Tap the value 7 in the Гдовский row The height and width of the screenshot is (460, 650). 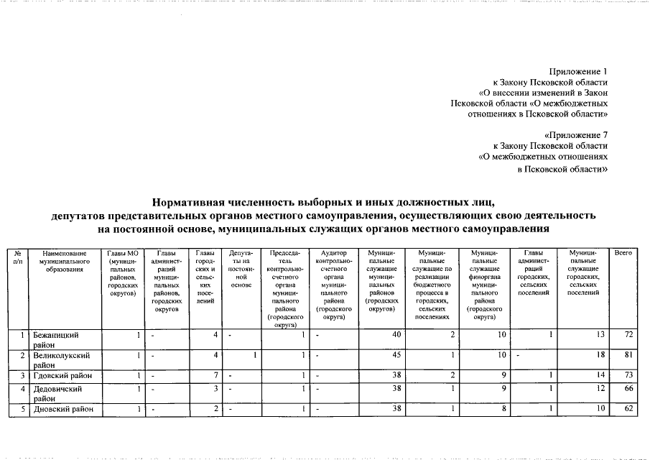pos(215,375)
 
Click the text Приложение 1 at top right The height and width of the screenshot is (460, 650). pos(578,73)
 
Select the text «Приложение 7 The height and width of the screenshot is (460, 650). pos(577,134)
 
